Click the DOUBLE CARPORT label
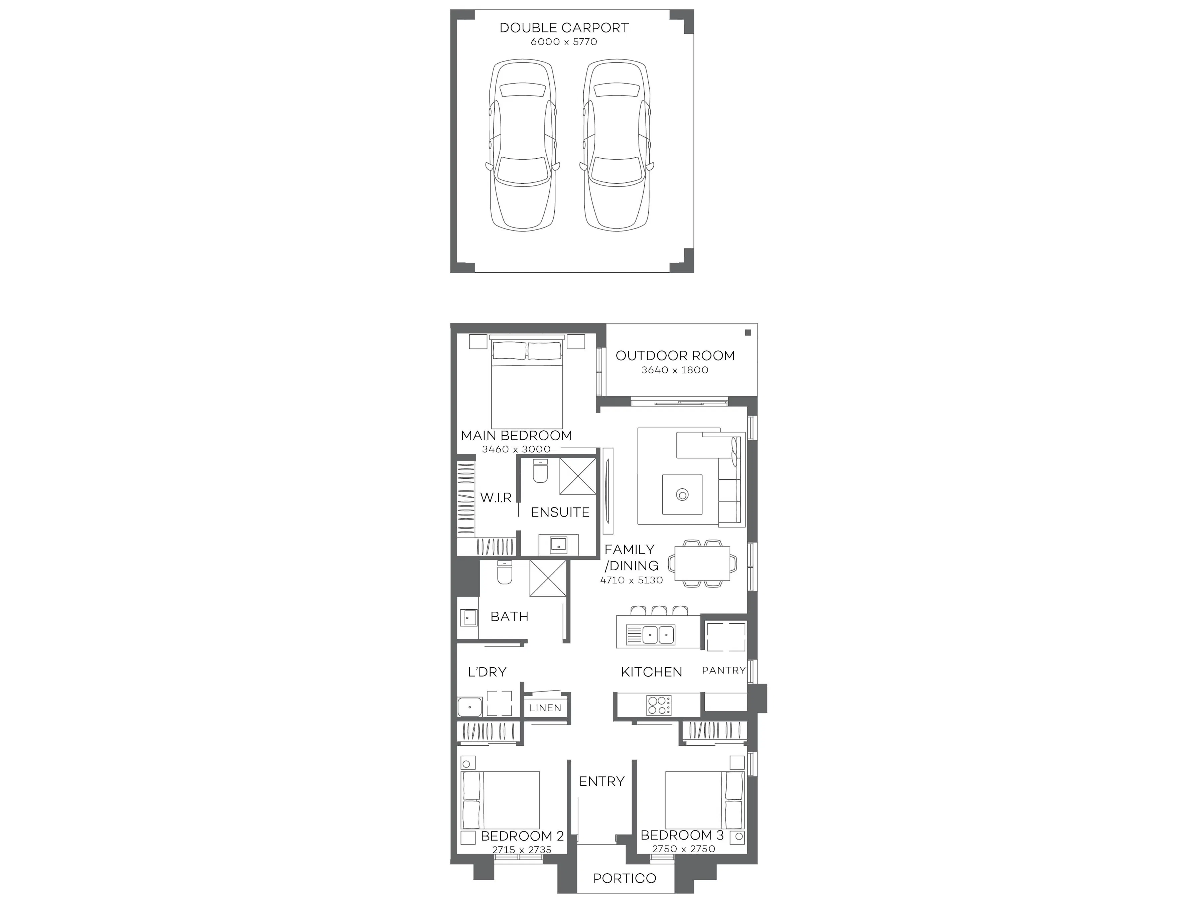pos(564,28)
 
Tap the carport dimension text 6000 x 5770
pos(564,42)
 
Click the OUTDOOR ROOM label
pos(675,355)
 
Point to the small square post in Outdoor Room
pos(748,333)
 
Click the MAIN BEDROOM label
pos(516,436)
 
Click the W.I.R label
pos(496,497)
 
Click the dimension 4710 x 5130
pos(632,580)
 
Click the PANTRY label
pos(723,670)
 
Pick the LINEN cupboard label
pos(545,708)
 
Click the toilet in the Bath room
pos(505,573)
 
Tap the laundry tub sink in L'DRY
pos(470,707)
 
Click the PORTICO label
pos(624,878)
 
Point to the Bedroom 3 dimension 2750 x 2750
pos(684,849)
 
